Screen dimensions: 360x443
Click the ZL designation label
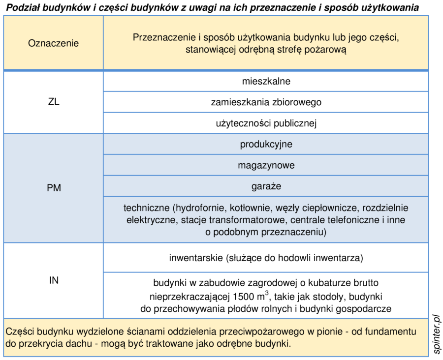[54, 102]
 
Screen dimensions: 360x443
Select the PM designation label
[54, 188]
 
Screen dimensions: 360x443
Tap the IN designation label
[54, 280]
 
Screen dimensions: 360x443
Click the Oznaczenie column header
[54, 43]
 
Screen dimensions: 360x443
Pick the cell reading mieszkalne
[266, 81]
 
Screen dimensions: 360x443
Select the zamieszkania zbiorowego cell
[266, 102]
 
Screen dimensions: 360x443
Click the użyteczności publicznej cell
[266, 123]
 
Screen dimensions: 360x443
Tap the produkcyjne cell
[266, 144]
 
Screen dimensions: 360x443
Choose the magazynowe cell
[266, 165]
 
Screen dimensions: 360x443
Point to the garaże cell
[266, 186]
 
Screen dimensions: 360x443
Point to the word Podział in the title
[23, 7]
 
